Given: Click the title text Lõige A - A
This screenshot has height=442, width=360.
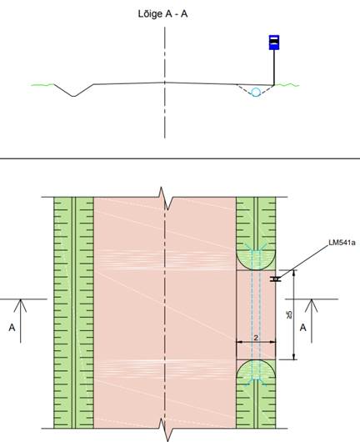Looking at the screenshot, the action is click(x=162, y=13).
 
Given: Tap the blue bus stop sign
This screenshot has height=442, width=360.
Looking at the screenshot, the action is click(x=274, y=43).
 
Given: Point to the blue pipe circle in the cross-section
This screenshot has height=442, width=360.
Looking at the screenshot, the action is click(x=256, y=93).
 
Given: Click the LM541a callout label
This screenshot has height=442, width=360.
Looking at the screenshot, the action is click(x=342, y=243).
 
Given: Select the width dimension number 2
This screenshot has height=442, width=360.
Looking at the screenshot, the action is click(x=256, y=338).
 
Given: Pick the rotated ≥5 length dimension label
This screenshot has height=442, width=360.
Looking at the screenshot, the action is click(x=288, y=314).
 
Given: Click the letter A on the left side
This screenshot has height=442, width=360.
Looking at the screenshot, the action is click(x=12, y=328).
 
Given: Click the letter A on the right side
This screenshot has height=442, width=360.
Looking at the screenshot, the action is click(x=302, y=328).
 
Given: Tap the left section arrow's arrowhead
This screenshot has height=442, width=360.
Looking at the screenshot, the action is click(x=20, y=305).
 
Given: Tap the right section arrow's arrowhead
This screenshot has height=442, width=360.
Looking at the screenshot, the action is click(x=312, y=305).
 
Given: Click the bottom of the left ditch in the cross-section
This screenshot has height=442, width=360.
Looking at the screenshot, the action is click(x=73, y=96).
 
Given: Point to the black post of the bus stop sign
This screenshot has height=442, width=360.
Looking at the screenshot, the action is click(x=274, y=67).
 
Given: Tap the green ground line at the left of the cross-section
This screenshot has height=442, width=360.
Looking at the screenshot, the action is click(x=42, y=84).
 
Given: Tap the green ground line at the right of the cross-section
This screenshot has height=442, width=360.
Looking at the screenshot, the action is click(x=287, y=84).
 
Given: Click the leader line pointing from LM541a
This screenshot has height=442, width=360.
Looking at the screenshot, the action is click(x=303, y=261).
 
